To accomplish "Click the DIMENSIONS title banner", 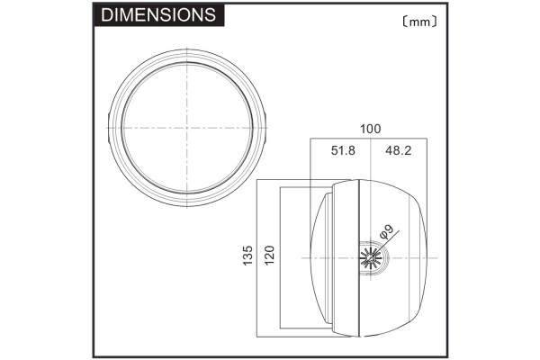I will pyautogui.click(x=158, y=15).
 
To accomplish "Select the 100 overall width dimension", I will pyautogui.click(x=369, y=129).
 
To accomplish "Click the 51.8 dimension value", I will pyautogui.click(x=343, y=150).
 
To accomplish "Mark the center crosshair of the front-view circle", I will pyautogui.click(x=189, y=128).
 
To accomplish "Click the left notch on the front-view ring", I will pyautogui.click(x=111, y=128).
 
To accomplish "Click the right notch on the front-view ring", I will pyautogui.click(x=267, y=128).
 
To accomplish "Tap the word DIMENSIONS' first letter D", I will pyautogui.click(x=106, y=15).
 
